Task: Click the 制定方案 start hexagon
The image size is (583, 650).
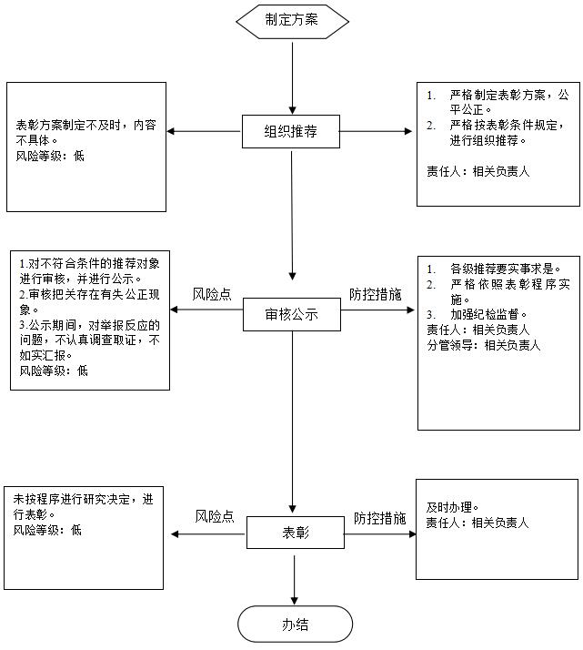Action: tap(292, 20)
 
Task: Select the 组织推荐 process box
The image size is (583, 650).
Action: tap(291, 131)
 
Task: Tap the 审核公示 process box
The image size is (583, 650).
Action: tap(291, 314)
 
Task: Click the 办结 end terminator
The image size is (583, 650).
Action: tap(295, 625)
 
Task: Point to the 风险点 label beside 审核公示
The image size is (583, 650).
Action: tap(211, 295)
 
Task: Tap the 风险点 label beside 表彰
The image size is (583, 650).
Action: tap(215, 516)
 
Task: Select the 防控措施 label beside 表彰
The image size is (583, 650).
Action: tap(379, 517)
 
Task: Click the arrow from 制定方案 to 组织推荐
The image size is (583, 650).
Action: tap(292, 73)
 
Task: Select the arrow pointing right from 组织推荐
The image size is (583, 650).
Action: tap(377, 131)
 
